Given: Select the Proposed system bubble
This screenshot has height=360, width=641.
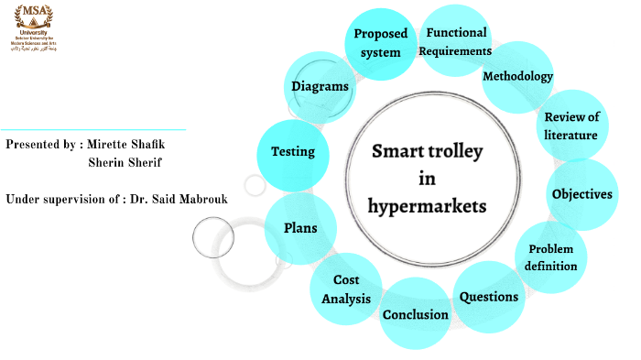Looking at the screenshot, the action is (380, 43).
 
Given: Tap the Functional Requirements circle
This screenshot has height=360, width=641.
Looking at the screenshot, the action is (456, 42).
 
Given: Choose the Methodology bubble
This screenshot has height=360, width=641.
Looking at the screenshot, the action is (517, 76).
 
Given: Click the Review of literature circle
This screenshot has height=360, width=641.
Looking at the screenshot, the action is (570, 125).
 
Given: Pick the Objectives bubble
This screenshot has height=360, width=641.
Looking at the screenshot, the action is (581, 194).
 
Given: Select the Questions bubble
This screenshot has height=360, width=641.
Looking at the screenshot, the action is (488, 297).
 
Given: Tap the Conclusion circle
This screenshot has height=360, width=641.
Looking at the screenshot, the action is (415, 314).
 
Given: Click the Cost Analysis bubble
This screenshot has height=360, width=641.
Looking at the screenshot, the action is (346, 289).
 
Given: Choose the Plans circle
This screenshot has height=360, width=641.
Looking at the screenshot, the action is (300, 228).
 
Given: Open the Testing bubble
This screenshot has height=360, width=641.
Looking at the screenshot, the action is (293, 152).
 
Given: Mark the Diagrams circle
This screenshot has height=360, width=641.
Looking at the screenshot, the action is (320, 87).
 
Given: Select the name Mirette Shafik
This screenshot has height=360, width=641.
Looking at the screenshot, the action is (130, 145).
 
